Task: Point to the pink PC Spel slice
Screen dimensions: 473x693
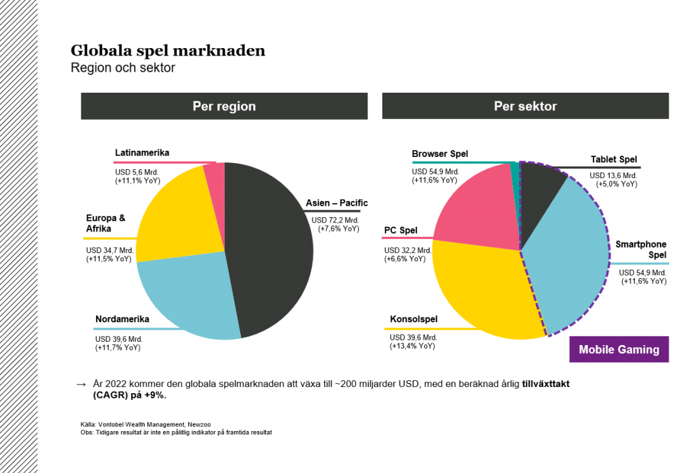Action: point(474,203)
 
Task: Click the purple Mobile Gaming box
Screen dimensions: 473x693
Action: point(619,350)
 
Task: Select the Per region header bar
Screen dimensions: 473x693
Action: point(224,106)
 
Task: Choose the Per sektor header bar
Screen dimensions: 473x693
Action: point(525,106)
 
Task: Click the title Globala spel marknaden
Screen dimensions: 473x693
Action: point(168,51)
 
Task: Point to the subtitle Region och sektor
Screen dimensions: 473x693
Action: point(122,68)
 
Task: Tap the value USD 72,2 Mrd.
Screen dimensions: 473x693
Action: point(335,220)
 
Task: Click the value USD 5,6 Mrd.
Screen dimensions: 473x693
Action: point(137,172)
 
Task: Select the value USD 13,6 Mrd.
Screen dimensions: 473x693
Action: point(615,175)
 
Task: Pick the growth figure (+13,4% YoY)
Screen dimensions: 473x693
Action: point(412,346)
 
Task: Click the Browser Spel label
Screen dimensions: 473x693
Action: point(440,154)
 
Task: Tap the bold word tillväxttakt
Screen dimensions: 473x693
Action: point(549,384)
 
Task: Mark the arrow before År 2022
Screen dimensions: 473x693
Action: point(81,384)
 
